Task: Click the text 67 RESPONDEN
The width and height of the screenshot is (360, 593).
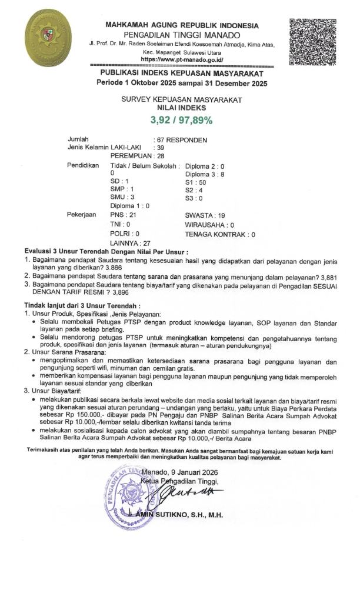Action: [180, 140]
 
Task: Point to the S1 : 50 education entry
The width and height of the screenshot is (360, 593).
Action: [196, 182]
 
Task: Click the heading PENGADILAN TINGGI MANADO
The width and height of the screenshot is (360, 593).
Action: [181, 35]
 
